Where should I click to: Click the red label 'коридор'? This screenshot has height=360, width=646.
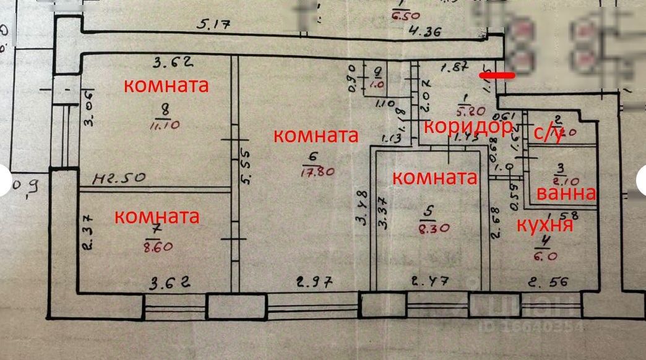[468, 127]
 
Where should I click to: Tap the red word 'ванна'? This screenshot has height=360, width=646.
[566, 193]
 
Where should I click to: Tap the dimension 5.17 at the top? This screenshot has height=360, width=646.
[213, 25]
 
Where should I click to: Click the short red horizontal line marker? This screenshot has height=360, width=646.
[497, 76]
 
